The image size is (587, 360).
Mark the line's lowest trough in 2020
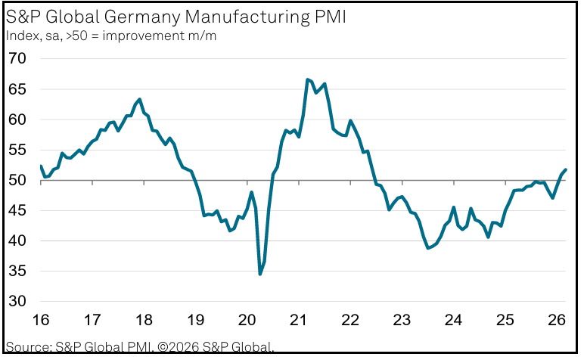point(260,274)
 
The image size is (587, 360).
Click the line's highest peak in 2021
point(307,79)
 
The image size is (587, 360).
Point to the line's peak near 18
point(140,99)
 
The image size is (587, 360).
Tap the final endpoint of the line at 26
point(566,169)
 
